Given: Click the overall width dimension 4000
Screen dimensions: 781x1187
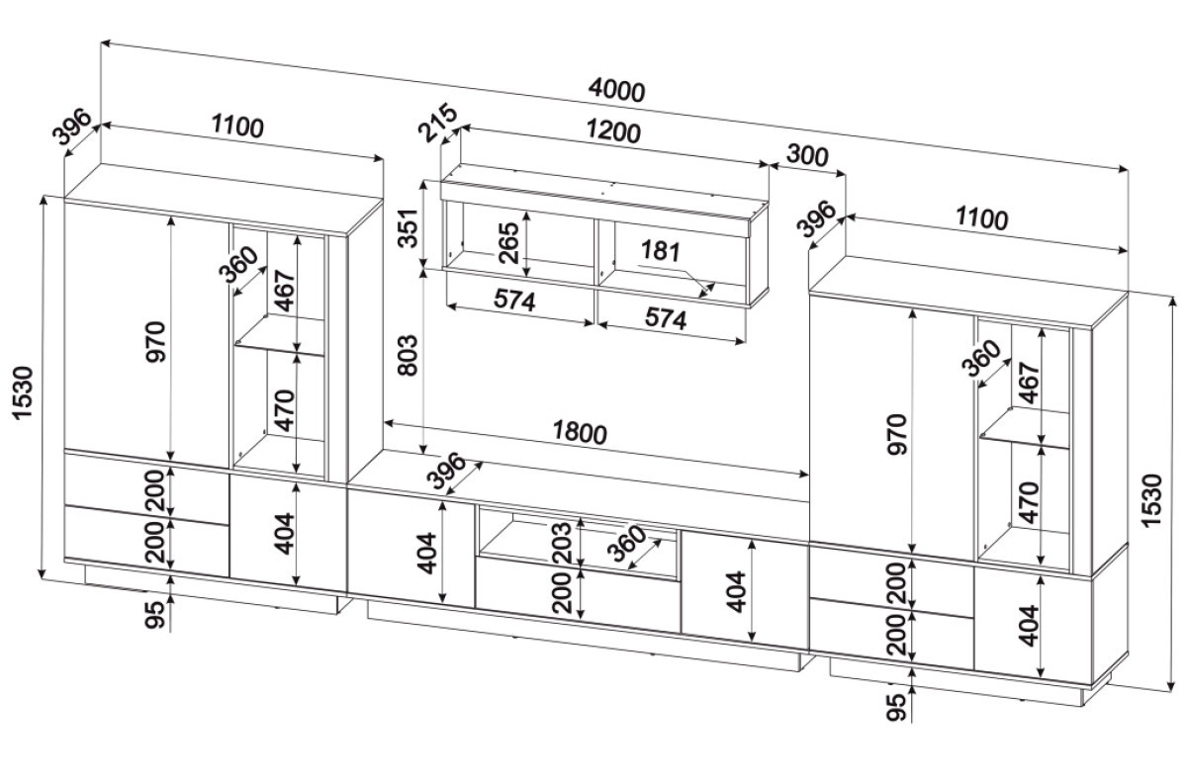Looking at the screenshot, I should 615,90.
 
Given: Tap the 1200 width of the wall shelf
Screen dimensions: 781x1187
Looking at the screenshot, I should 614,131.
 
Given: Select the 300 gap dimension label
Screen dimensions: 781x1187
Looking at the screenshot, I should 807,155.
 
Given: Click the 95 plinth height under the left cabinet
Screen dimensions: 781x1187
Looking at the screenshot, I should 154,613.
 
